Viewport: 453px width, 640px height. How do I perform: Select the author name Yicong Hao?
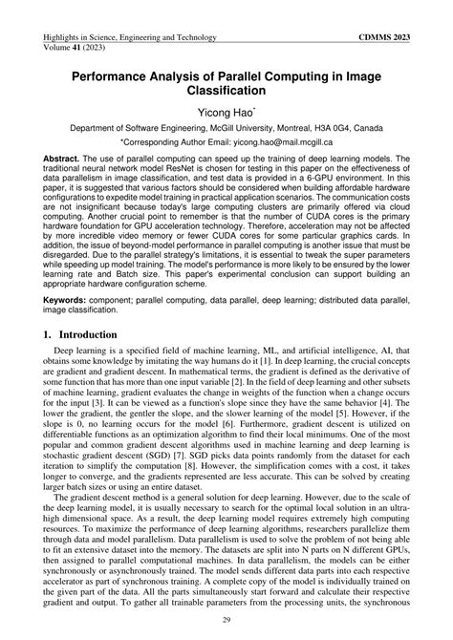coord(224,116)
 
